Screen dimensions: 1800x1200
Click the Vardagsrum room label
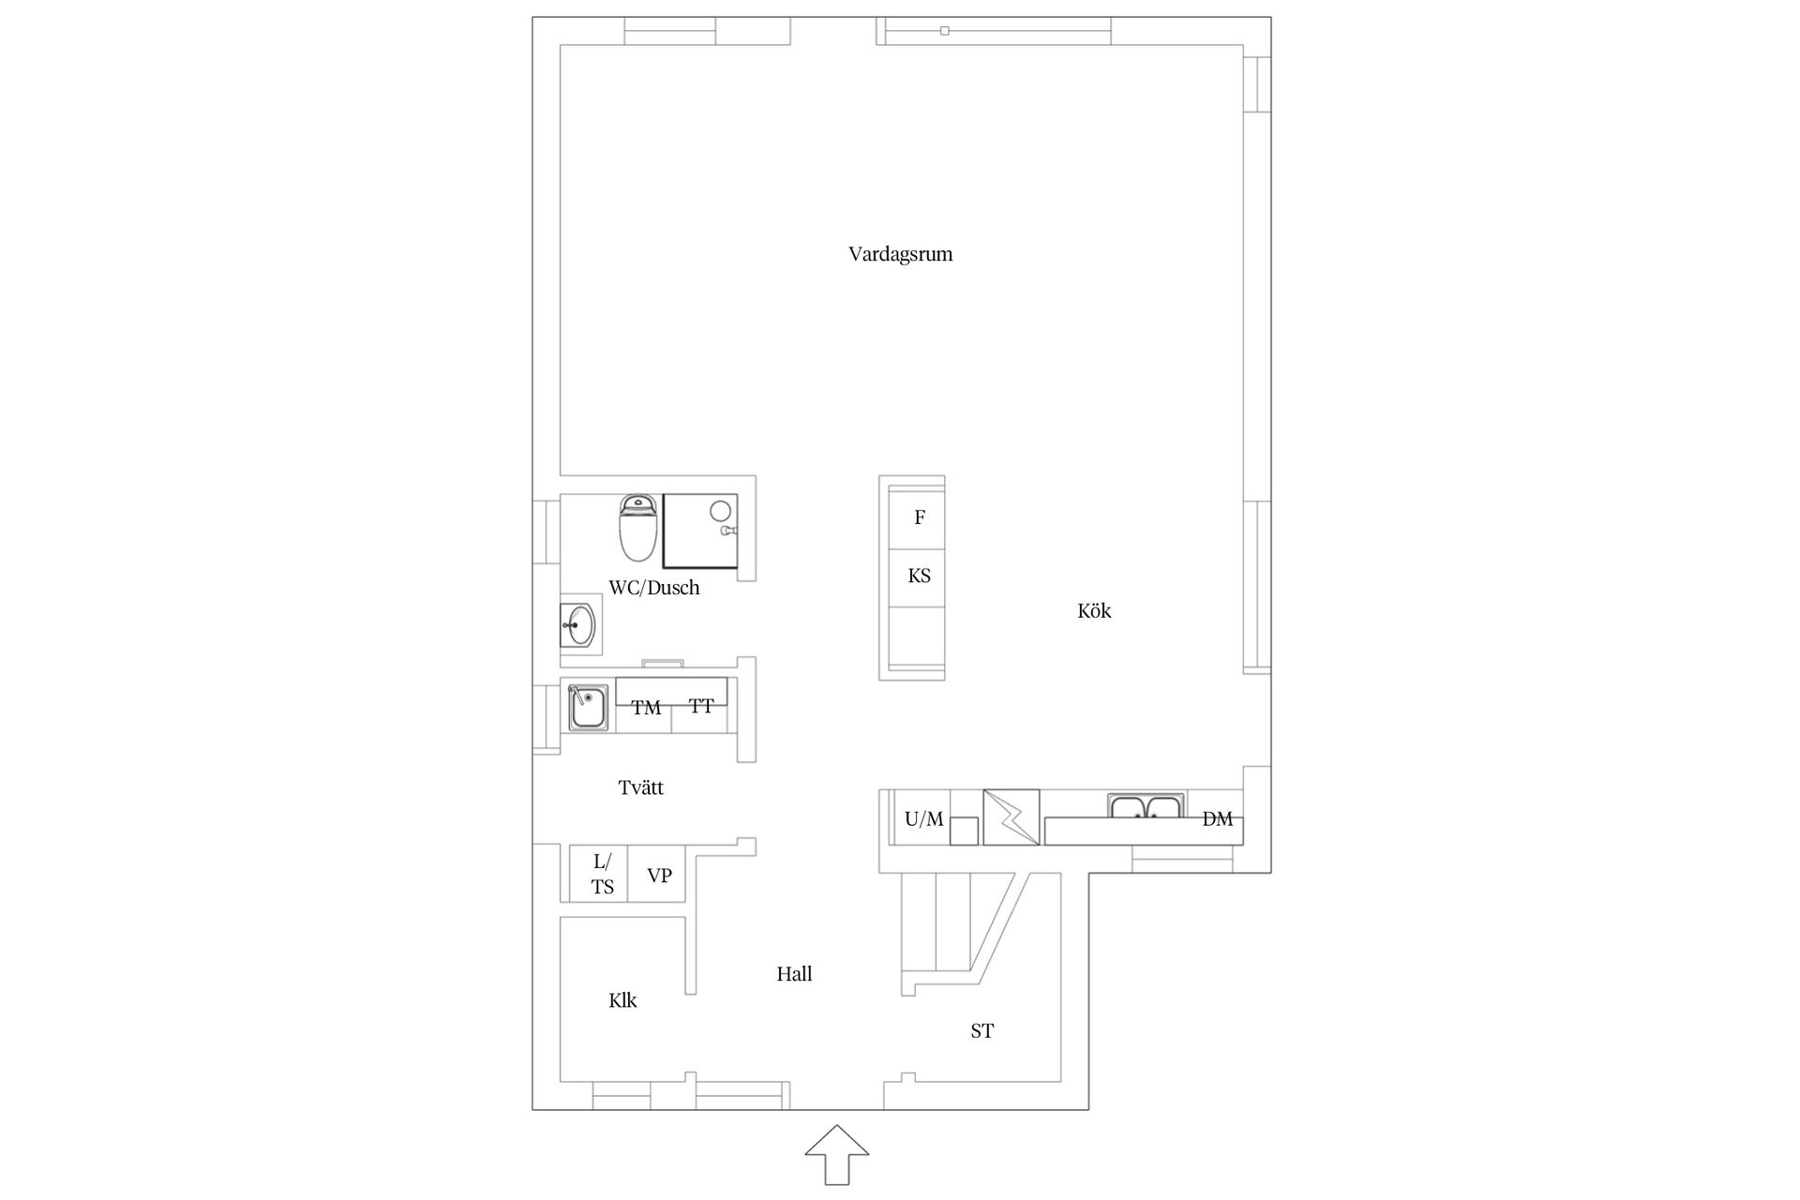900,254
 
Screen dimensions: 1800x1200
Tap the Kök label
1094,611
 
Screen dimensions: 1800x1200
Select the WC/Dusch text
654,588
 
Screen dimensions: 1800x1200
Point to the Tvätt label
641,787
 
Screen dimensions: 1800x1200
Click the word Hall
794,974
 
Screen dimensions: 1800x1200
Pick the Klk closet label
622,1000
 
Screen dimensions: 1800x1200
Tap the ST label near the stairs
982,1031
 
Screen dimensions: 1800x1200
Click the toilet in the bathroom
638,528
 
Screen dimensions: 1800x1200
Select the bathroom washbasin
579,624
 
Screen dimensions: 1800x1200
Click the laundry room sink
589,708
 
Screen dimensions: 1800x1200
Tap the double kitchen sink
1146,806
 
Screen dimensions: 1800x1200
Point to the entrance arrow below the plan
837,1155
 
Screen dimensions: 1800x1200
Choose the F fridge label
920,517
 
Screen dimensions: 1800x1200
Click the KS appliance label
919,576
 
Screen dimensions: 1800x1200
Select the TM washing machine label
646,708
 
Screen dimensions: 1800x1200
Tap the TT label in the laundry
701,706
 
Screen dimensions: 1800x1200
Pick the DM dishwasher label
1217,819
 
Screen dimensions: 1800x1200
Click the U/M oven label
923,819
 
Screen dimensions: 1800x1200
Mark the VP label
659,876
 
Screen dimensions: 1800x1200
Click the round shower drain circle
720,511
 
